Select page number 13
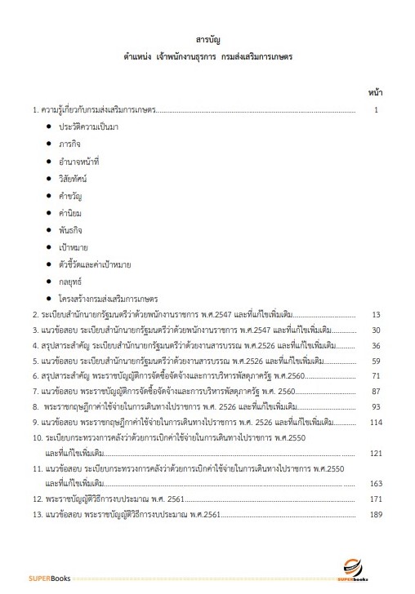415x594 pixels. coord(376,314)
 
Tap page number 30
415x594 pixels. coord(376,331)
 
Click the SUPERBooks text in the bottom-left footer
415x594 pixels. coord(50,578)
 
